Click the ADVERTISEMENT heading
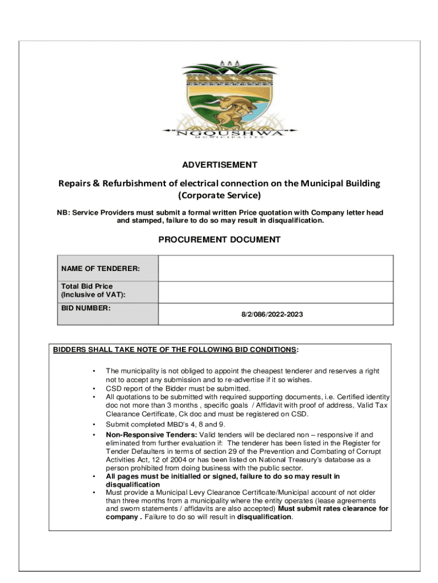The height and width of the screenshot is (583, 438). click(220, 165)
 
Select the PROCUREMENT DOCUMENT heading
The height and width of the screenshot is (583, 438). click(219, 240)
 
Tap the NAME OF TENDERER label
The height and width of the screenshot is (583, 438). click(101, 268)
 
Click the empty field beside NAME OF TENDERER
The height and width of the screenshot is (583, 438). click(275, 268)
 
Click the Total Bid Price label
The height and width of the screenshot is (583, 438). click(87, 286)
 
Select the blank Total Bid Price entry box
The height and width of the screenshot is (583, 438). click(275, 292)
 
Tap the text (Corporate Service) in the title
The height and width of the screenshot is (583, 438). click(220, 196)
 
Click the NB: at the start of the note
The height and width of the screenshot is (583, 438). click(63, 213)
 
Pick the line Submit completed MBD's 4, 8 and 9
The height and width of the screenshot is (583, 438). click(170, 424)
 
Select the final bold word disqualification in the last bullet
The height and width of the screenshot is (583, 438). click(264, 517)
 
